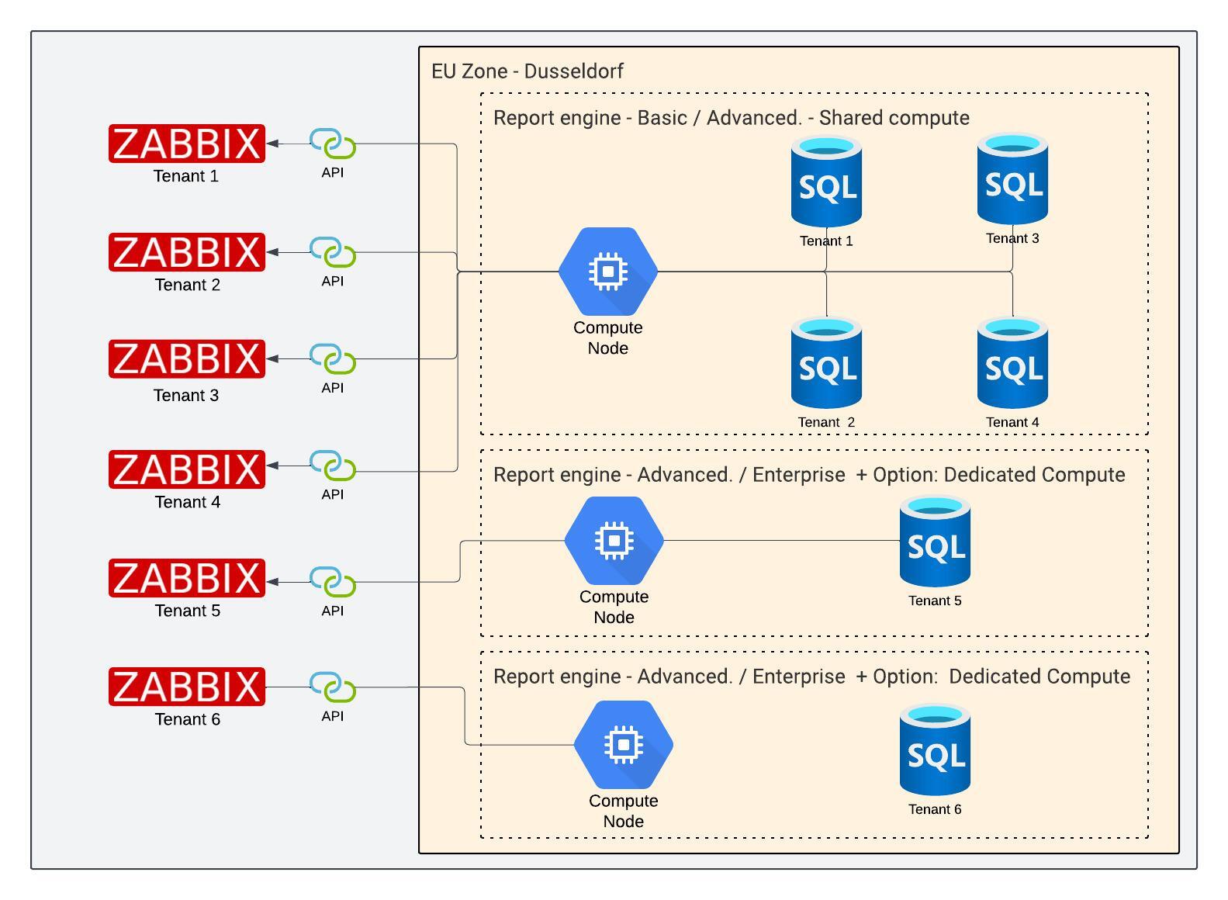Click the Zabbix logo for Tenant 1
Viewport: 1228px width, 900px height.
186,144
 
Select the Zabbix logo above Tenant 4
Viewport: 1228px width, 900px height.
186,469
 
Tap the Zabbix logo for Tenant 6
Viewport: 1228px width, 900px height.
186,687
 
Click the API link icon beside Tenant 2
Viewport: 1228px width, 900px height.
333,253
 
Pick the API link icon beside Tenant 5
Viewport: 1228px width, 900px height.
333,582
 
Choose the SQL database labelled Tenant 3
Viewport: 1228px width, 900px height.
1012,180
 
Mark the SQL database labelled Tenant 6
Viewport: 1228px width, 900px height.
935,750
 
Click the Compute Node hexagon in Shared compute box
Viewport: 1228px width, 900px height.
608,272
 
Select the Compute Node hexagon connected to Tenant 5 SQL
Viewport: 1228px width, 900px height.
614,541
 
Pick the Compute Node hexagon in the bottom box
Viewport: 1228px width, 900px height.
624,745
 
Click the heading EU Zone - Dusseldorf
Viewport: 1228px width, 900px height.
528,71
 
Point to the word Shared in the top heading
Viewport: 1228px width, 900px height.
850,118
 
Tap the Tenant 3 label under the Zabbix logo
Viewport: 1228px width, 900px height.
186,396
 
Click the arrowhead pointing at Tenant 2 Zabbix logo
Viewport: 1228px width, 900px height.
272,253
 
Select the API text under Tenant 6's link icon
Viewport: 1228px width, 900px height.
333,716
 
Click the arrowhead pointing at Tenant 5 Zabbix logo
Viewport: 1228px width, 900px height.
272,582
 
